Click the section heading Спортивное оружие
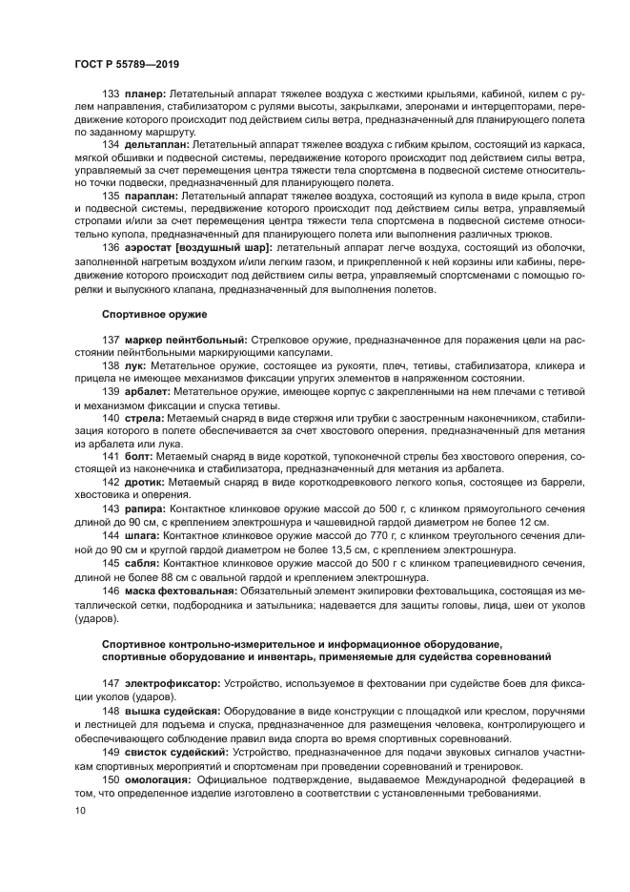tap(155, 313)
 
